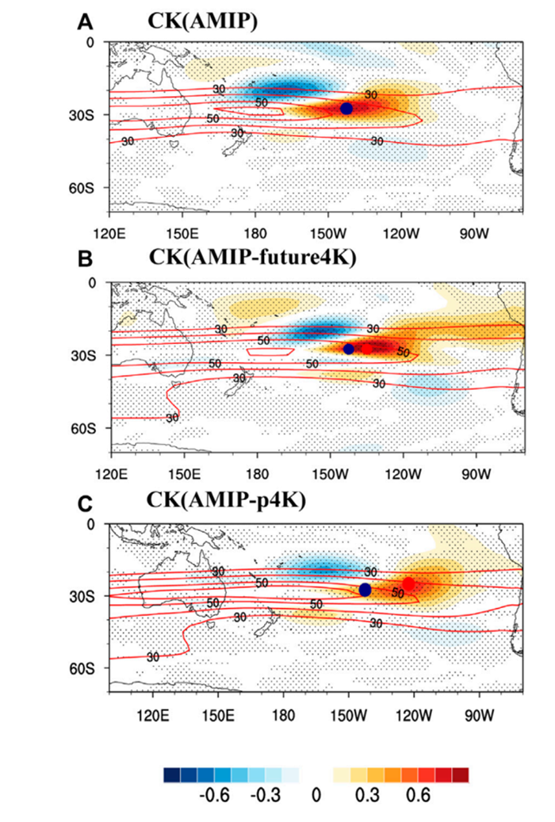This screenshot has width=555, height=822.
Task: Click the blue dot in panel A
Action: pos(346,109)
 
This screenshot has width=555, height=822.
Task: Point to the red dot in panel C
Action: pos(408,584)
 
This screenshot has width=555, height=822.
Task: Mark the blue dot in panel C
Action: pos(365,590)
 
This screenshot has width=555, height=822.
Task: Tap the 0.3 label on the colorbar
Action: pos(364,795)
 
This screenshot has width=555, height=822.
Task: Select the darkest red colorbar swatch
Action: pos(461,774)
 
